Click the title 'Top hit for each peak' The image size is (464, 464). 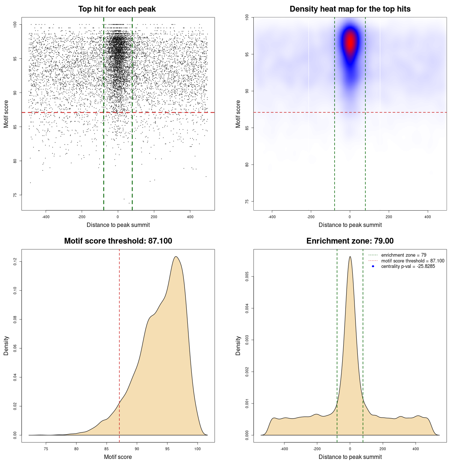click(x=117, y=9)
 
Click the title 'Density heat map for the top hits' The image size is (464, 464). click(x=350, y=9)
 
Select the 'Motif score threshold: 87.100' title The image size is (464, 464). click(x=118, y=241)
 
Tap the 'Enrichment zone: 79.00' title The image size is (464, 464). click(x=350, y=241)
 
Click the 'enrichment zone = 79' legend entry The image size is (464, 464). click(x=403, y=255)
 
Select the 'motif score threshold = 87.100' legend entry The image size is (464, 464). click(x=413, y=261)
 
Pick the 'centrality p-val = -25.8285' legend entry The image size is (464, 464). click(x=408, y=266)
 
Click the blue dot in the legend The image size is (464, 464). click(x=373, y=266)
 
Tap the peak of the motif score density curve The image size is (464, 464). click(x=176, y=257)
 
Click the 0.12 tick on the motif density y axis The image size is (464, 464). click(x=15, y=261)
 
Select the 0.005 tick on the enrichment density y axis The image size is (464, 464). click(x=247, y=277)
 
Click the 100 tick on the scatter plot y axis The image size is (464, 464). click(x=15, y=24)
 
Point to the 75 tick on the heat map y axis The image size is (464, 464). click(x=247, y=202)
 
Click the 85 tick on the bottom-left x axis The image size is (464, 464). click(x=107, y=449)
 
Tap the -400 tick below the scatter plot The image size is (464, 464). click(x=46, y=217)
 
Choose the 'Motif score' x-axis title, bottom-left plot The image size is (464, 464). click(x=118, y=457)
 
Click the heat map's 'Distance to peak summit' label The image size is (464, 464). click(x=350, y=225)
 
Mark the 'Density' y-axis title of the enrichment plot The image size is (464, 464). click(x=238, y=345)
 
